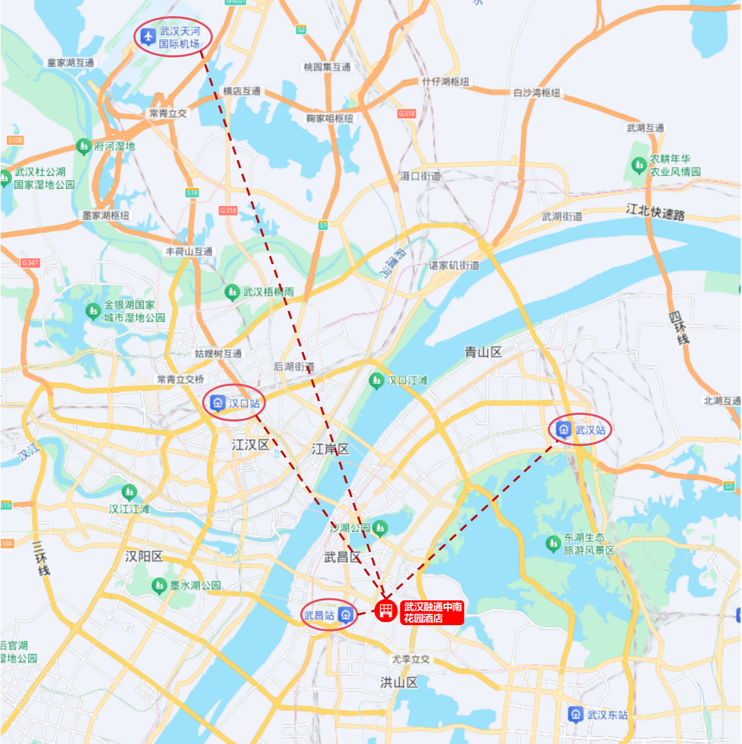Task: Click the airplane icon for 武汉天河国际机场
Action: coord(148,37)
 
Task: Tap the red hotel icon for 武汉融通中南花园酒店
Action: coord(385,611)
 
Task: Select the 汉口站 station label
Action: coord(244,404)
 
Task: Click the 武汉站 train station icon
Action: coord(563,429)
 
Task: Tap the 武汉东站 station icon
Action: coord(575,714)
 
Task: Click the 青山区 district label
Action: coord(483,352)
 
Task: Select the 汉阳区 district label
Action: coord(144,556)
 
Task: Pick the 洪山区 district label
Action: coord(399,683)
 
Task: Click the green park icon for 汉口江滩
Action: coord(376,381)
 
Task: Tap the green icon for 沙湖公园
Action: coord(380,528)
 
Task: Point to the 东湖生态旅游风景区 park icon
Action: coord(553,544)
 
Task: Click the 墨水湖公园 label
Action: coord(196,585)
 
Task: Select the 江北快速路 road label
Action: coord(655,212)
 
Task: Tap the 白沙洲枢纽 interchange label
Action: coord(536,93)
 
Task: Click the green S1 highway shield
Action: coord(323,225)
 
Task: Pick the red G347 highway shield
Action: coord(30,263)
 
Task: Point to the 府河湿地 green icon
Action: coord(83,146)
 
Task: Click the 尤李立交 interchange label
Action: coord(411,659)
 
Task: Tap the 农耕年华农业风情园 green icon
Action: coord(639,165)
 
